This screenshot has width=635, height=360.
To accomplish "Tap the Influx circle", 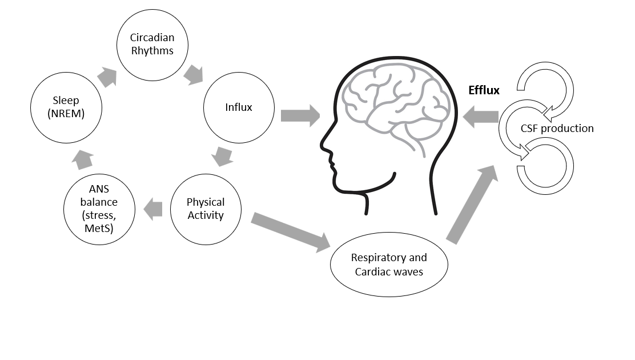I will (239, 107).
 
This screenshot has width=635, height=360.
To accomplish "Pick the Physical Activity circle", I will (206, 209).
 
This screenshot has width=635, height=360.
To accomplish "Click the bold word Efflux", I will (484, 90).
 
